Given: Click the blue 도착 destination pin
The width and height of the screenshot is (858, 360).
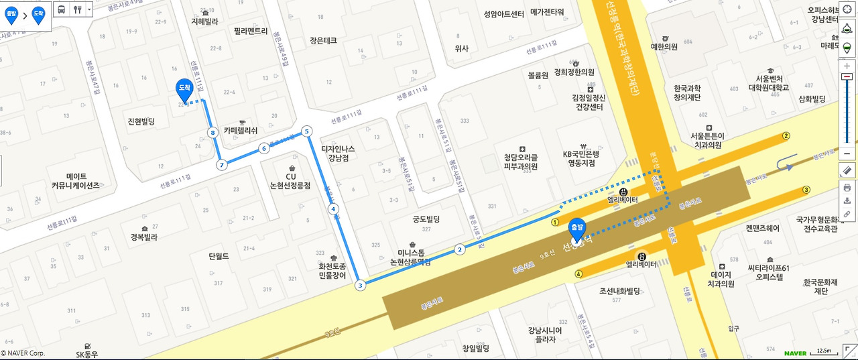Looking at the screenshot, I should click(x=184, y=88).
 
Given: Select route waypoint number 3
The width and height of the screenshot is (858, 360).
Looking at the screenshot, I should click(x=361, y=286).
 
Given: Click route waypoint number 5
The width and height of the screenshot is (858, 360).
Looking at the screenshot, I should click(x=307, y=131).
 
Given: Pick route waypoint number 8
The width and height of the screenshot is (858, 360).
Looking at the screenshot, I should click(x=213, y=133).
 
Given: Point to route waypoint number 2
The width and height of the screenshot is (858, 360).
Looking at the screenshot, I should click(x=460, y=249).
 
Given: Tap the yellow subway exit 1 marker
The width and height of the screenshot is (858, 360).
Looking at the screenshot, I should click(x=555, y=222).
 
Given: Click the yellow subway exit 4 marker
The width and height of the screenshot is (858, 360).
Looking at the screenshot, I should click(x=578, y=273).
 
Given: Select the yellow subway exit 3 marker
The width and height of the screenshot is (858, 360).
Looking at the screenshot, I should click(x=806, y=190).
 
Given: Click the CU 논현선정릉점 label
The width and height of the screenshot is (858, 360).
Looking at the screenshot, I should click(x=291, y=180).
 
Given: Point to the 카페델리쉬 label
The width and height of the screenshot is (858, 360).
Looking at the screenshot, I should click(x=241, y=131).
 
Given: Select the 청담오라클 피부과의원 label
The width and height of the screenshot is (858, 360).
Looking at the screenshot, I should click(x=521, y=162).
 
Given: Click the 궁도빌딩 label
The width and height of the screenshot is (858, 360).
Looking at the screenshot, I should click(x=426, y=219).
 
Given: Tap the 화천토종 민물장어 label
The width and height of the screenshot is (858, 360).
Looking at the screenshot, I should click(x=333, y=269).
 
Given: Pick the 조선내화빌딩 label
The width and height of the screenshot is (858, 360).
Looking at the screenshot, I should click(x=620, y=291).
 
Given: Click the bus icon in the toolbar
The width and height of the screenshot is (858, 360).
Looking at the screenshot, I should click(x=61, y=9).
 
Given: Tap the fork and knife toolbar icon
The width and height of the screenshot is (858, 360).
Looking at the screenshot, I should click(x=77, y=9).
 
